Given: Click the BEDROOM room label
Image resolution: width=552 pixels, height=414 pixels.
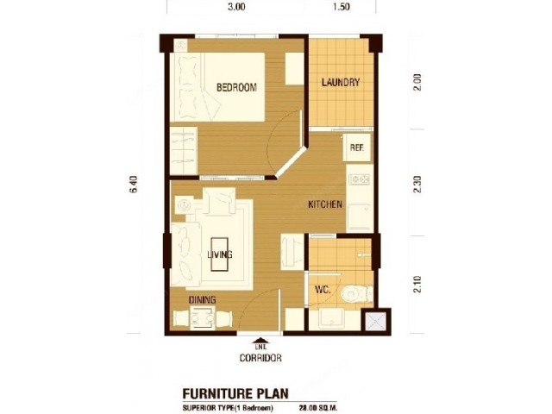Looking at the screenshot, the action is (236, 87).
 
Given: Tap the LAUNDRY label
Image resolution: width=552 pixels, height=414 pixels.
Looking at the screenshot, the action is (341, 82).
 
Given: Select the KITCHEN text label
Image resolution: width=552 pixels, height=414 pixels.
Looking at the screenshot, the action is (325, 204).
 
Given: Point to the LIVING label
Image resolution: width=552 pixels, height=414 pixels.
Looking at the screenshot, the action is (220, 254).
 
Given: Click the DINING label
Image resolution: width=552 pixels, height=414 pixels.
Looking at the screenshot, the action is (203, 300).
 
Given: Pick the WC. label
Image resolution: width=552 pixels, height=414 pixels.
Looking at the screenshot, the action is (323, 290).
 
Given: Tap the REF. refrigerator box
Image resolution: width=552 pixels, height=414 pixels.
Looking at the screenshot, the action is (357, 147).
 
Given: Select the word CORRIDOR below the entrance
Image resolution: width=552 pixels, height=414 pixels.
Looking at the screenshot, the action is (260, 358).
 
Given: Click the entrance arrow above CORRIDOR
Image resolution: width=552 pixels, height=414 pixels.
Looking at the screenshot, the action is (260, 340).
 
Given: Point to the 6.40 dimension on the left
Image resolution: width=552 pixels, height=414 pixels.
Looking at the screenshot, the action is (134, 184).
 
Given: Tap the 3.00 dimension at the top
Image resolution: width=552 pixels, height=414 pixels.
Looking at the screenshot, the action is (236, 7).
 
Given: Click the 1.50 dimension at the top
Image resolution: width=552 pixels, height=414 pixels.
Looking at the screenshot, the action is (341, 7).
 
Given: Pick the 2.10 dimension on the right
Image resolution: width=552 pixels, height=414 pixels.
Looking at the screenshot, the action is (417, 284).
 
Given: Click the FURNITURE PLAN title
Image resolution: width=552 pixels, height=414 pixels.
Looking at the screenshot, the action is (235, 393).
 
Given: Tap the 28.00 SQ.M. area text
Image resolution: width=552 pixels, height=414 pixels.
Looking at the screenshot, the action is (317, 408).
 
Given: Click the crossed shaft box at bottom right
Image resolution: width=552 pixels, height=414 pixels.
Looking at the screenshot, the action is (376, 322).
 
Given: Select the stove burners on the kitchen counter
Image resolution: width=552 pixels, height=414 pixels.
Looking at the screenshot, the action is (360, 179).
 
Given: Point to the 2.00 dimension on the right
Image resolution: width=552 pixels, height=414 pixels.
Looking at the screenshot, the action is (417, 82).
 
